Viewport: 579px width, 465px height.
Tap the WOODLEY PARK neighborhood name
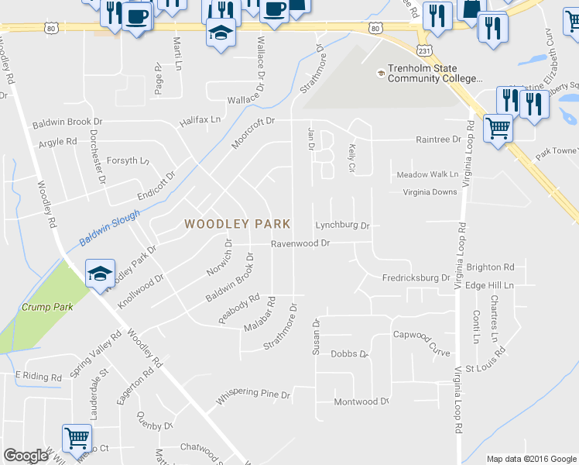pos(237,224)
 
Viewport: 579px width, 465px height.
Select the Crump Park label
pos(46,308)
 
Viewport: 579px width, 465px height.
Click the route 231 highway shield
pos(424,50)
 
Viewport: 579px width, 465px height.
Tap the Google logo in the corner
pos(26,456)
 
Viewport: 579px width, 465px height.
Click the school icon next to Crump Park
pos(100,274)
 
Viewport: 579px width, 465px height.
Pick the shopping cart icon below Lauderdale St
pos(77,439)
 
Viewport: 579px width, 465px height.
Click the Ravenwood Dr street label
pos(300,243)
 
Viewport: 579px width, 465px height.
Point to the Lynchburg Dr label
pos(343,226)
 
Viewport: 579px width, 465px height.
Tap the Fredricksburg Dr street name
pos(416,277)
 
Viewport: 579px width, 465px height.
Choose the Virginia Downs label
pos(430,192)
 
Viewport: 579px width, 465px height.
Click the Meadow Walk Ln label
pos(427,175)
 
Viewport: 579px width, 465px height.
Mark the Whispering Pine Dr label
pos(253,397)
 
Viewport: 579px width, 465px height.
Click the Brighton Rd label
pos(491,267)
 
